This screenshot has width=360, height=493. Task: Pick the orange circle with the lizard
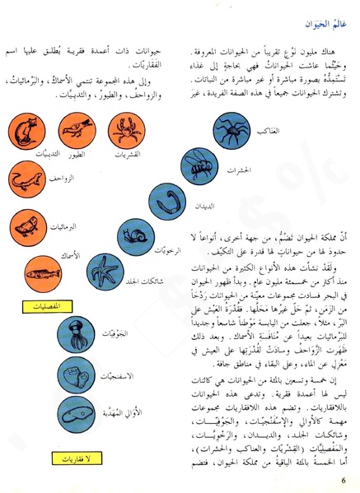tap(27, 178)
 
